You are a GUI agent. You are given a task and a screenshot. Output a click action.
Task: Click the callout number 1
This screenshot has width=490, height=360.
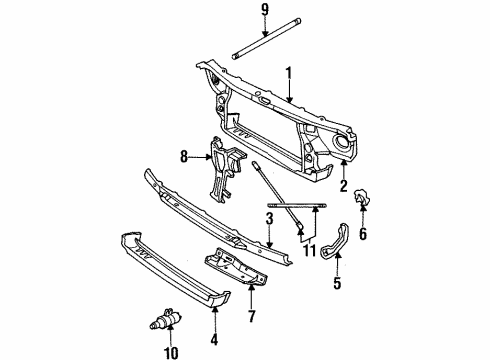tap(290, 73)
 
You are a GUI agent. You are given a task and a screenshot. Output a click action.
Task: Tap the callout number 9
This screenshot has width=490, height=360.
tap(264, 13)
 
